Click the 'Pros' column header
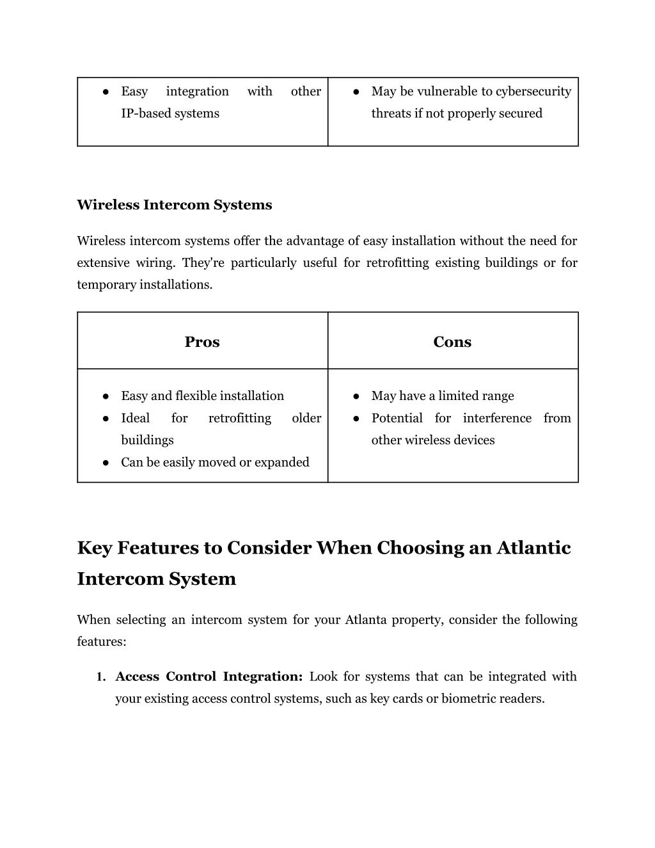202,342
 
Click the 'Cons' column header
452,342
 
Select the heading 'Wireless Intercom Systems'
174,205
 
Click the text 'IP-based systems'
170,113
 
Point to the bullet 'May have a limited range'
443,396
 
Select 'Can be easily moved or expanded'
215,462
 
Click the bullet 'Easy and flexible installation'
202,396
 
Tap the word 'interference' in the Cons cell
497,418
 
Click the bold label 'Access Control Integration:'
209,676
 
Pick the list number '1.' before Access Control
101,677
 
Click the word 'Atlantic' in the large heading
533,548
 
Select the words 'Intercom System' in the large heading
157,579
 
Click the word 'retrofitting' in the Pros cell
240,418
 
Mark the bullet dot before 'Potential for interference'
355,419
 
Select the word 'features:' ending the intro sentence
102,641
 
